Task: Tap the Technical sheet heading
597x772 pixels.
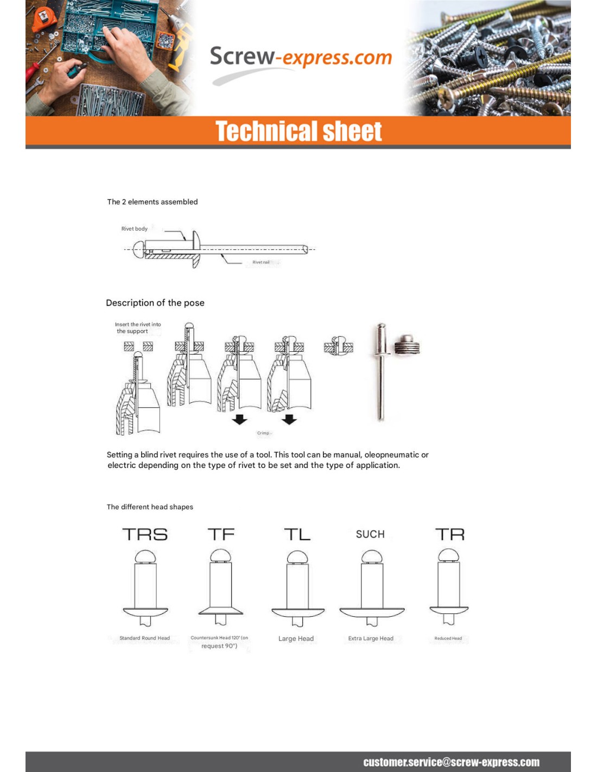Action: [x=298, y=131]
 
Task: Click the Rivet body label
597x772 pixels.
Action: [x=134, y=229]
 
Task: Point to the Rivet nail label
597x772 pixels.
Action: [x=261, y=262]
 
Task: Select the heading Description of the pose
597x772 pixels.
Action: [x=155, y=303]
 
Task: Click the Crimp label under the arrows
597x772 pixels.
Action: [x=263, y=433]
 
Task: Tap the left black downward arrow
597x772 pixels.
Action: [x=239, y=419]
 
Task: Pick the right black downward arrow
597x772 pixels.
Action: [x=289, y=419]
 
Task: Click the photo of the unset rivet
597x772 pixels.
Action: [x=381, y=372]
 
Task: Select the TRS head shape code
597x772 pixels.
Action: [x=145, y=535]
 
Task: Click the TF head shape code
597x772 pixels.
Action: [x=221, y=535]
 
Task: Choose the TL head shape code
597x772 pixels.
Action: [x=297, y=535]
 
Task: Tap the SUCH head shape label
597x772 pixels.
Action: [x=370, y=535]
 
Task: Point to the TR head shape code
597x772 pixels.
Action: [x=450, y=535]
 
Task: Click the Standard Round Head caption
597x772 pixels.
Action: [x=144, y=638]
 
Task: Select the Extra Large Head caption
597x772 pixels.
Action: [x=371, y=638]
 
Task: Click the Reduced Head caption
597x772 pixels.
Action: [x=448, y=638]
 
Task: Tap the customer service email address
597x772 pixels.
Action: [x=451, y=762]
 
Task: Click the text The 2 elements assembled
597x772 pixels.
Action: [x=153, y=202]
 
